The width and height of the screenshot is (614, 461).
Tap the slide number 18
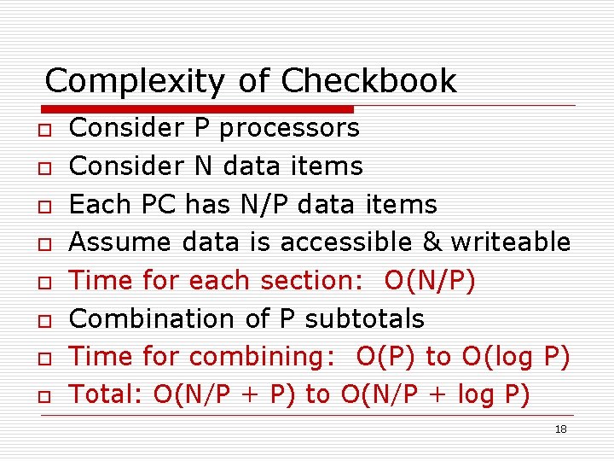560,429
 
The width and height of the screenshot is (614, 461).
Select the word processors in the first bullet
289,129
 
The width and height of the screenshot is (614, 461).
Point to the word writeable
510,242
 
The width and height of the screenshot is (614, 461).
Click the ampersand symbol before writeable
432,242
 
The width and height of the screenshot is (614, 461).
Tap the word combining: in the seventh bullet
263,357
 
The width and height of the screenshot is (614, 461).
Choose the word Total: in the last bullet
107,394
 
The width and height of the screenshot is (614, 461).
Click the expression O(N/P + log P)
435,394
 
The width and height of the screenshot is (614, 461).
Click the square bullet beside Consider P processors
41,130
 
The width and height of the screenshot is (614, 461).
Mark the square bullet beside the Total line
41,396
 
